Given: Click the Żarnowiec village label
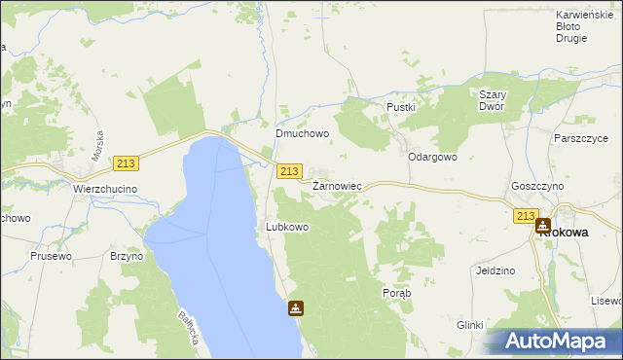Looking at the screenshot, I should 337,185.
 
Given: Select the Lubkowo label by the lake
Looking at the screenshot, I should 287,227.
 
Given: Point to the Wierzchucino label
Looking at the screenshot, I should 105,189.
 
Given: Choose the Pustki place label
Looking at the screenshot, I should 401,107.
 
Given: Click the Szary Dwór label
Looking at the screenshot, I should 492,100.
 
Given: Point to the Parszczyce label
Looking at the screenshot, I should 580,139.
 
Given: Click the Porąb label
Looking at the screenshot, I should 397,293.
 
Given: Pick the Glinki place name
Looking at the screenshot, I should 469,326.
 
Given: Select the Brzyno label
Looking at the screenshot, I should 127,256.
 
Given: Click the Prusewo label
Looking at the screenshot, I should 52,256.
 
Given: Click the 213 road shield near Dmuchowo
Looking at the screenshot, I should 288,171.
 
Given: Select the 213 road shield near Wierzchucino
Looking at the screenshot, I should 125,163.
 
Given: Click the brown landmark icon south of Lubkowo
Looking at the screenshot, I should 295,309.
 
